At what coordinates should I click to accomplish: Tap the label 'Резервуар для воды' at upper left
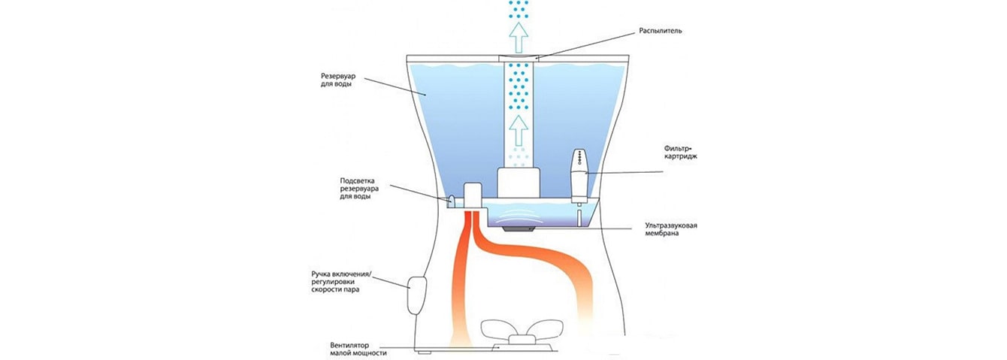pos(341,80)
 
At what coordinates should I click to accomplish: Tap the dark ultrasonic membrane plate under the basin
pos(518,228)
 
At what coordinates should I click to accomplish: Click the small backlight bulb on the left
pos(452,201)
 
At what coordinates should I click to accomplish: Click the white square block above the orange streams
pos(473,195)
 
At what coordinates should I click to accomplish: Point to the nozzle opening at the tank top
pos(516,56)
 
